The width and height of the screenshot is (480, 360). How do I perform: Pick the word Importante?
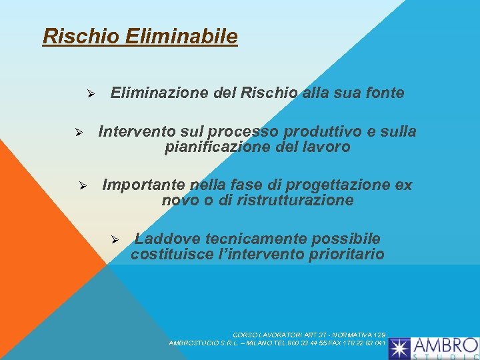click(144, 185)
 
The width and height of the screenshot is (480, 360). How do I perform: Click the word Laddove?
click(168, 239)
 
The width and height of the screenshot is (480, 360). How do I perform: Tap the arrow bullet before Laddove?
click(114, 239)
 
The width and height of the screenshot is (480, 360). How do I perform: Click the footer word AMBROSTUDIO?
click(195, 343)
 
